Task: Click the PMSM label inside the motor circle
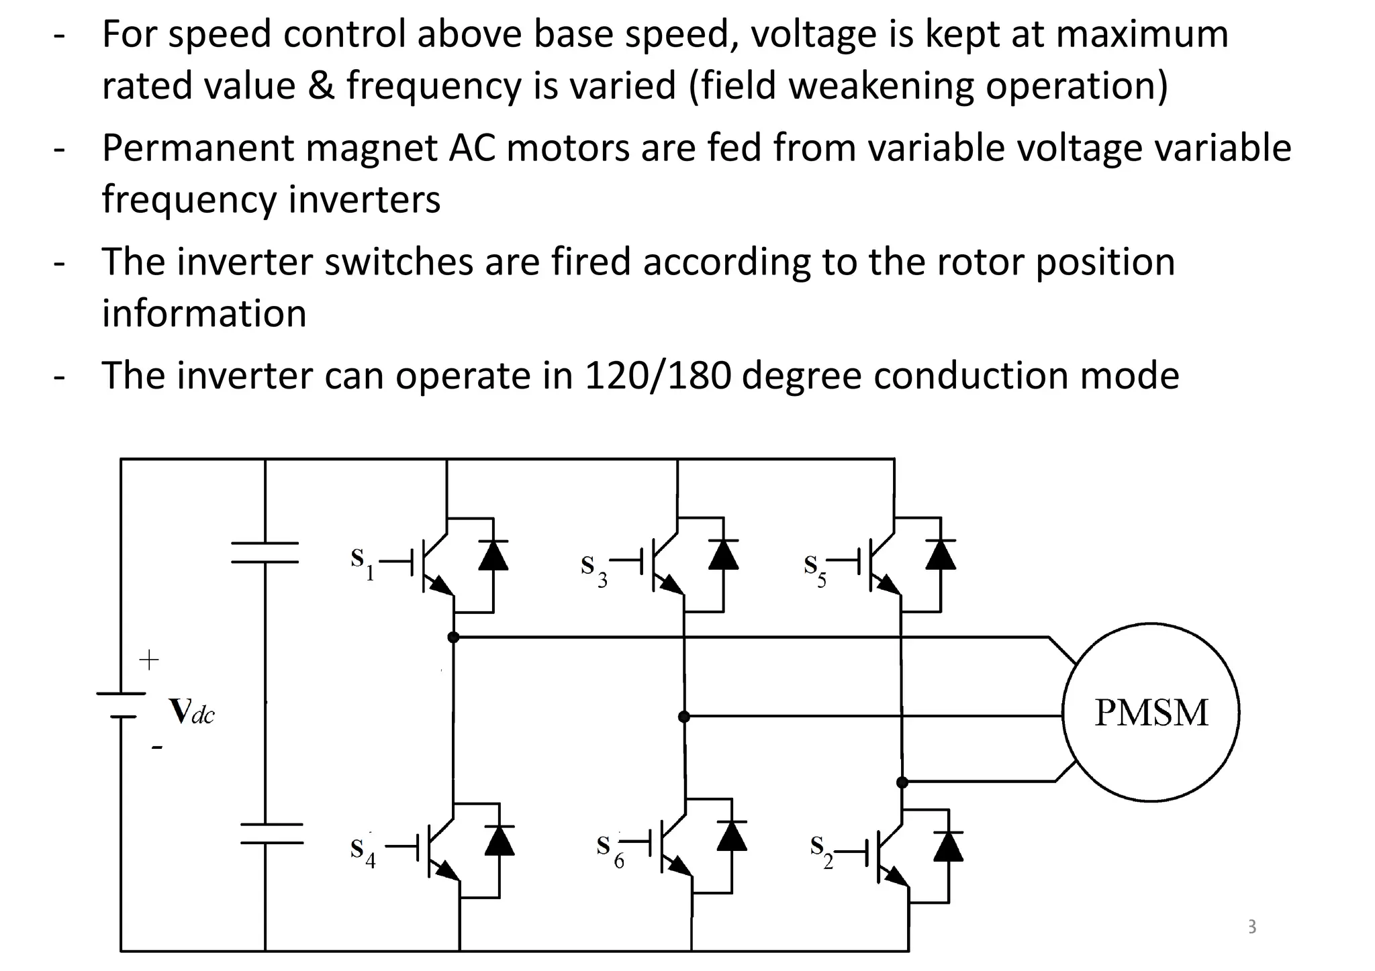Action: point(1151,713)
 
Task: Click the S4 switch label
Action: point(362,852)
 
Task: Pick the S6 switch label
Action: point(608,850)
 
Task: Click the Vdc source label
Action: point(191,712)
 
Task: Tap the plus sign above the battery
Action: point(148,660)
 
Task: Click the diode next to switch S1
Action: point(493,556)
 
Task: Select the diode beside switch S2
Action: point(948,847)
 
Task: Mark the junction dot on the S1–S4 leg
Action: point(453,637)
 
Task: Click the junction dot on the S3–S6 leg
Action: point(683,717)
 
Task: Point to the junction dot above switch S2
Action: point(902,782)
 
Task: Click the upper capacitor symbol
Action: point(265,552)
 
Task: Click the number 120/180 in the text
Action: point(657,376)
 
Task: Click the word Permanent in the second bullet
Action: point(197,148)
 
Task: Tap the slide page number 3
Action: point(1251,927)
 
